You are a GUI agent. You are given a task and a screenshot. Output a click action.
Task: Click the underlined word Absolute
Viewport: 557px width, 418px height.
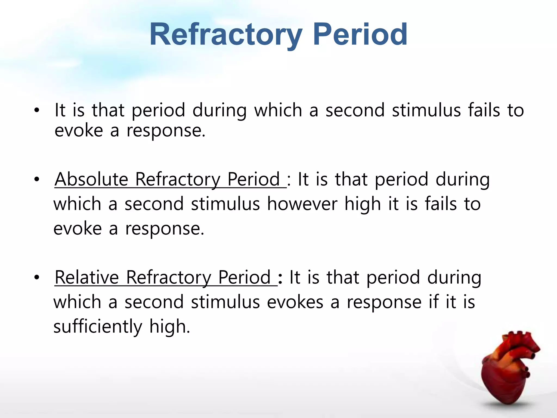point(91,180)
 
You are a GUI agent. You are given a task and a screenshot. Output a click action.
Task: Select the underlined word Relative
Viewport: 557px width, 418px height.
point(87,278)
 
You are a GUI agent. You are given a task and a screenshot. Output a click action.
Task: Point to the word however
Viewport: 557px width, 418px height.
point(302,204)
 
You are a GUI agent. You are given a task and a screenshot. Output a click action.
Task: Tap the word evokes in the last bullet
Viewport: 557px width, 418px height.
point(295,302)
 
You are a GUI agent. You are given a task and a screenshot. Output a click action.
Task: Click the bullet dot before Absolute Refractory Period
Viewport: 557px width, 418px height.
point(37,180)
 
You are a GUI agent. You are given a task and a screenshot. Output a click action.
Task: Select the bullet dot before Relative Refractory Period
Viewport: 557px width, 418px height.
point(37,278)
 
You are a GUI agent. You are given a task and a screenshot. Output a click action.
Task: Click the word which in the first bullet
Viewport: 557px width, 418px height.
point(278,110)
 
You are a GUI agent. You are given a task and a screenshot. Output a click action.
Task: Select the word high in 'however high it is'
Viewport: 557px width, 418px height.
point(363,204)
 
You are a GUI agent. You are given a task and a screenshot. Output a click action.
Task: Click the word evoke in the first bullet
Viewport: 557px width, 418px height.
point(79,131)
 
